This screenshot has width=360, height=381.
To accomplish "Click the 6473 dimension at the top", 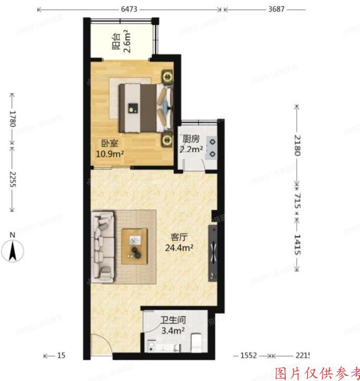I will (130, 9).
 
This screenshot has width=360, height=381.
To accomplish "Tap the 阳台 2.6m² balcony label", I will (122, 42).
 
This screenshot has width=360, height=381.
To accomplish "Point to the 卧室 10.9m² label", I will (109, 148).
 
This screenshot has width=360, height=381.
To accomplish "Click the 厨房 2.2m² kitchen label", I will (191, 144).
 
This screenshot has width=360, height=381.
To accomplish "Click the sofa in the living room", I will (103, 246).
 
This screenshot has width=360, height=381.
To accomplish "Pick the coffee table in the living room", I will (135, 246).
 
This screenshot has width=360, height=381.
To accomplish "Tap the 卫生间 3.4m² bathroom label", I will (172, 325).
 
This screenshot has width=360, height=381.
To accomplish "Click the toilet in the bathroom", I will (196, 342).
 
